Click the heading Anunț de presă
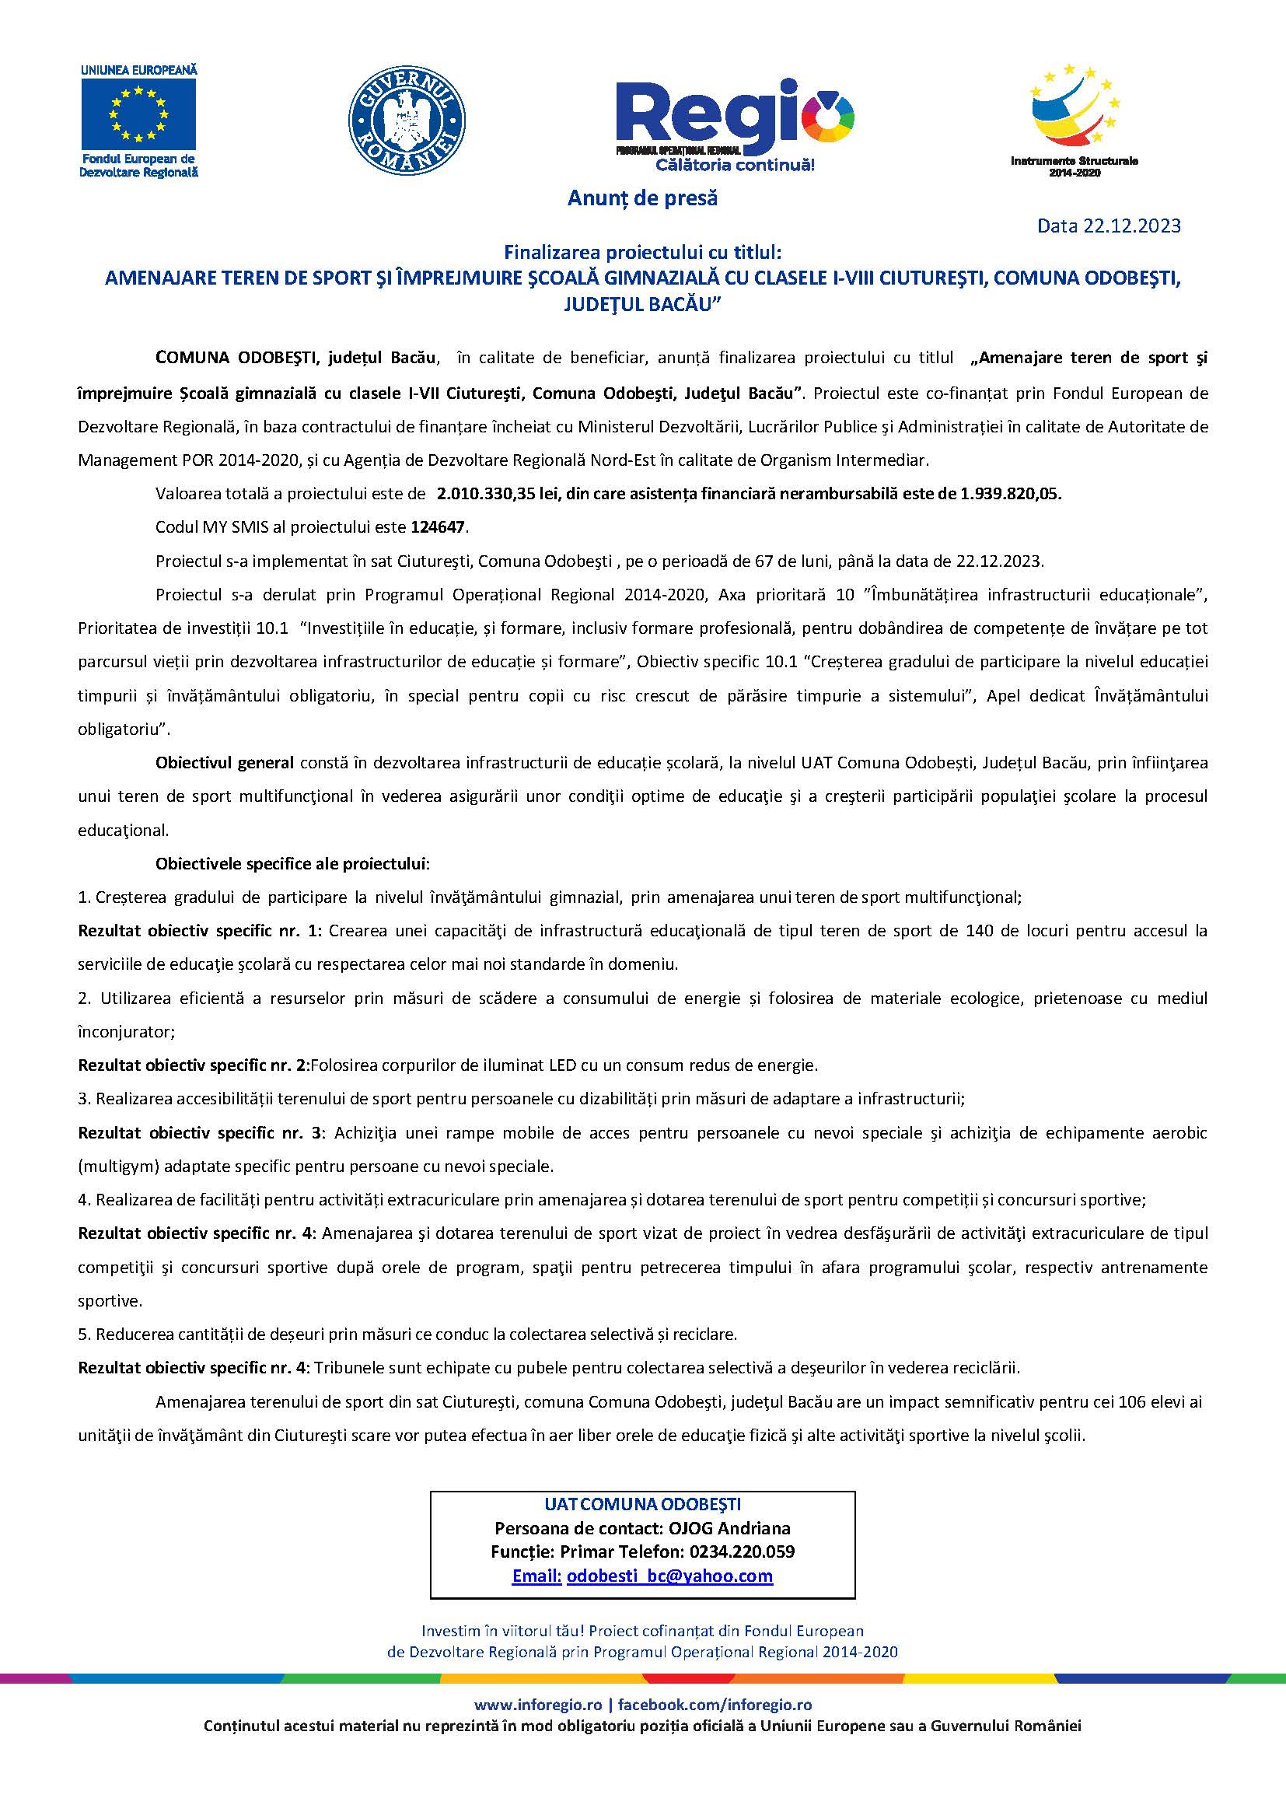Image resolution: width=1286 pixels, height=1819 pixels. point(642,198)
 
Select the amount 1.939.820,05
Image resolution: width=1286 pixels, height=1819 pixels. point(1011,494)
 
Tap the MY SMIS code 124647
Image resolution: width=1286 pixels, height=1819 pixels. point(439,526)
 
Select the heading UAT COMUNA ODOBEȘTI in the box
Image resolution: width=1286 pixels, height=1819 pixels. point(642,1504)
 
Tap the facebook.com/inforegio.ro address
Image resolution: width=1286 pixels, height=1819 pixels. point(715,1704)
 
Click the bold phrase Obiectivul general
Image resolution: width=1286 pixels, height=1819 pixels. point(225,763)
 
